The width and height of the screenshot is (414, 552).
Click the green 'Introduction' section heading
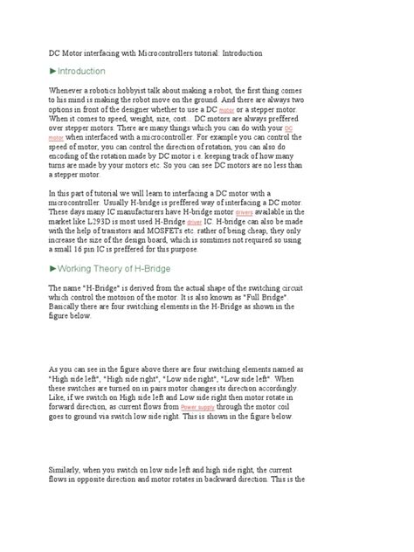coord(79,71)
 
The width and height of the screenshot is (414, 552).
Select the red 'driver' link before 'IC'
coord(193,222)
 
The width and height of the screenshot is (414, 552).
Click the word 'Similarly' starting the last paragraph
coord(67,472)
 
